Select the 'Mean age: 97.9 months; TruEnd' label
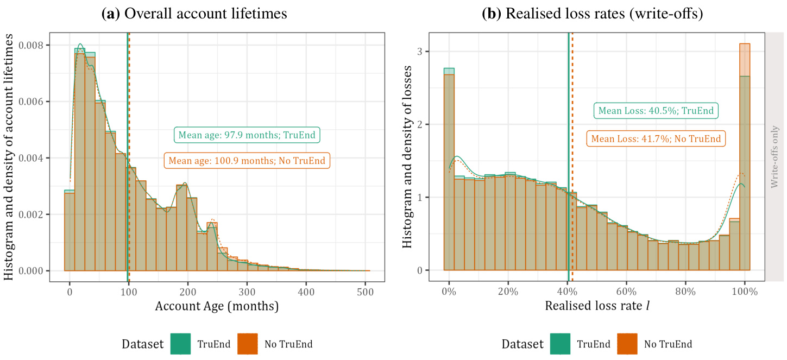247,135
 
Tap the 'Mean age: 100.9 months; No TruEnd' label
248,161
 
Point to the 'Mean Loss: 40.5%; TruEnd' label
656,111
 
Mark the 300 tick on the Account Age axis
247,291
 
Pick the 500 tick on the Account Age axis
364,291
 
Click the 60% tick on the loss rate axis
626,291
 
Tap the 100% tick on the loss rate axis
745,291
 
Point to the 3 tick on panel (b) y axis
419,52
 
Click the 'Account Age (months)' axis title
217,307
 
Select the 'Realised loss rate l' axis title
597,307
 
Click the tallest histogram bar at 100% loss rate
745,163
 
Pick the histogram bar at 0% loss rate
449,174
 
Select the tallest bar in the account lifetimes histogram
80,163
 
